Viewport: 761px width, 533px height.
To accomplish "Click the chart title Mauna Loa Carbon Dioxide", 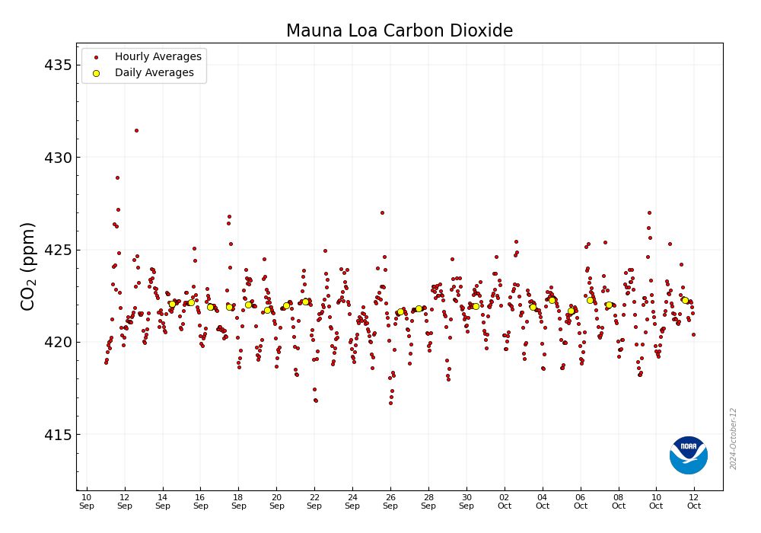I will (399, 30).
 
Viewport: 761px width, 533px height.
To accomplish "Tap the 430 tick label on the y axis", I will (57, 158).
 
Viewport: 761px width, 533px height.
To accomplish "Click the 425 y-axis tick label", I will (57, 250).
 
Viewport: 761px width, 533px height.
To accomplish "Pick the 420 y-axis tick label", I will (57, 343).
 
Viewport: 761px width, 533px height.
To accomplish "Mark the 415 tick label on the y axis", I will (57, 435).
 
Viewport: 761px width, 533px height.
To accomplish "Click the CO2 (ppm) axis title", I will (28, 266).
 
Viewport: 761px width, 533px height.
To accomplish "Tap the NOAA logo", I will (688, 455).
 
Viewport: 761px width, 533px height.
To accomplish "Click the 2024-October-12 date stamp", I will (734, 439).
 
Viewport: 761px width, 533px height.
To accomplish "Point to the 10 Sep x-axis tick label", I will (87, 501).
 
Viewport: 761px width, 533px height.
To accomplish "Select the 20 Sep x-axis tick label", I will (276, 501).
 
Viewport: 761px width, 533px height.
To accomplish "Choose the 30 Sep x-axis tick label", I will (466, 501).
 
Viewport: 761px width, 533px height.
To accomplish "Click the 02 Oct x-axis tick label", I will (505, 501).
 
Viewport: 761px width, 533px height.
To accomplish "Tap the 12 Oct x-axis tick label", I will (694, 501).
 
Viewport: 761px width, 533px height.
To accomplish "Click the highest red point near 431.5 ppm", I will (136, 130).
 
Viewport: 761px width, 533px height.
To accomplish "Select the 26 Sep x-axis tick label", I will (390, 501).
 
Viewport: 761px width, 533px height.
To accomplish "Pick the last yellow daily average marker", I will (685, 300).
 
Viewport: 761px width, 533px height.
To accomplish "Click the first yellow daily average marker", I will (172, 304).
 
